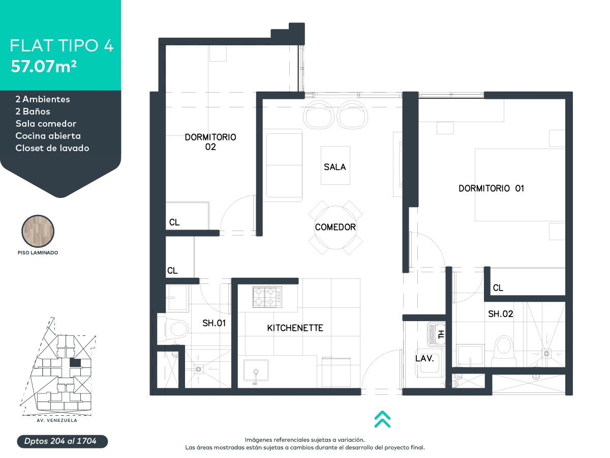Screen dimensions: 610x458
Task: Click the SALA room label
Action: pyautogui.click(x=334, y=167)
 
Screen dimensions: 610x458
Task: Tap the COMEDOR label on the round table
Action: pyautogui.click(x=335, y=227)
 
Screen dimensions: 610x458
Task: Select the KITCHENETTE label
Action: pyautogui.click(x=295, y=328)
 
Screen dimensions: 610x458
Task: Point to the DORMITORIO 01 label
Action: pyautogui.click(x=491, y=188)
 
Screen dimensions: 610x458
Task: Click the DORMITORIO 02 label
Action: pyautogui.click(x=210, y=142)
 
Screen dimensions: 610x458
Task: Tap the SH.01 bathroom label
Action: pyautogui.click(x=214, y=323)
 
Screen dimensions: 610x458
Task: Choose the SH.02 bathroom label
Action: pyautogui.click(x=501, y=314)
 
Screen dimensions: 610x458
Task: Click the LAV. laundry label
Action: pyautogui.click(x=424, y=358)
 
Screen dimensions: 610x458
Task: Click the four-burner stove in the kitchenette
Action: pyautogui.click(x=267, y=297)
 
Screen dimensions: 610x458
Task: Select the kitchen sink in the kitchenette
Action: pyautogui.click(x=256, y=370)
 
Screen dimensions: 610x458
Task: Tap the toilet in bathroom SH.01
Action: pyautogui.click(x=173, y=329)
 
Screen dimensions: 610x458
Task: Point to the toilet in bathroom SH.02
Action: pyautogui.click(x=504, y=351)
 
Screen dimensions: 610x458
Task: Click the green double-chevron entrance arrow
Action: pyautogui.click(x=382, y=419)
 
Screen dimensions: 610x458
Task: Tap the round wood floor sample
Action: pyautogui.click(x=38, y=231)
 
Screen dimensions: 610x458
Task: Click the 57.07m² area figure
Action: pyautogui.click(x=44, y=67)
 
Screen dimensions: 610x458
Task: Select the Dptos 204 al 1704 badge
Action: pyautogui.click(x=62, y=441)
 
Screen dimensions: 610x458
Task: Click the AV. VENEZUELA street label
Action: pyautogui.click(x=57, y=420)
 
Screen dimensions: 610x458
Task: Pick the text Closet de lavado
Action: pyautogui.click(x=52, y=148)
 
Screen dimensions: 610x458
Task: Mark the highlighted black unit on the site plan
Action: pyautogui.click(x=75, y=363)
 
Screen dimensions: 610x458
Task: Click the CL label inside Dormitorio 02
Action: pyautogui.click(x=174, y=222)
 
